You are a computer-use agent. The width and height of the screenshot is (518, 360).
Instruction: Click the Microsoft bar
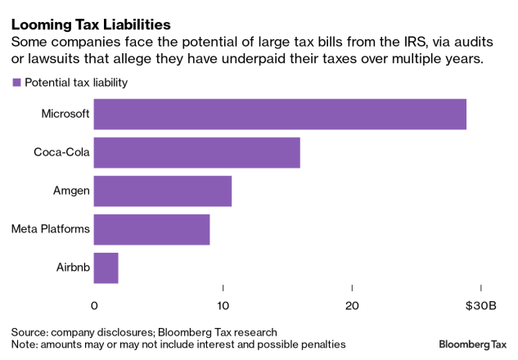coord(280,114)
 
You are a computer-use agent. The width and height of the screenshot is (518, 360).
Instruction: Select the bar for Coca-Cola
coord(196,152)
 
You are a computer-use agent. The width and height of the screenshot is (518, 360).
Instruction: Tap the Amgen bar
coord(162,191)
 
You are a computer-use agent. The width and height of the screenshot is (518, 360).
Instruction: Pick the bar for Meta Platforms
coord(151,229)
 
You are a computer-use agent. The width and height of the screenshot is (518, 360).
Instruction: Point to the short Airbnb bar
coord(106,268)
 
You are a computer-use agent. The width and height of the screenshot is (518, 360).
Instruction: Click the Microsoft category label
coord(65,114)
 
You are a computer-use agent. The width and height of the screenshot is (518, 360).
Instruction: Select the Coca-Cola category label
coord(61,152)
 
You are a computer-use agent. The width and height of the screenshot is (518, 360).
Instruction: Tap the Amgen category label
coord(70,191)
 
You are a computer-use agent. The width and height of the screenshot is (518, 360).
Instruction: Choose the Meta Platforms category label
coord(50,229)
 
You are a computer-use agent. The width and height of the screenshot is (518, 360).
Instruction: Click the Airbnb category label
coord(73,268)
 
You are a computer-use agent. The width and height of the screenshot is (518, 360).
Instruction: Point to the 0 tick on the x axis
coord(94,305)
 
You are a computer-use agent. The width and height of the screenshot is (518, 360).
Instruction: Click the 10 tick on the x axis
coord(223,305)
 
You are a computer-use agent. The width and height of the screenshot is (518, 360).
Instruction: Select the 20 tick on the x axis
coord(351,305)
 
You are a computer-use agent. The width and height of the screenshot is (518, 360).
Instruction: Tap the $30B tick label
coord(481,305)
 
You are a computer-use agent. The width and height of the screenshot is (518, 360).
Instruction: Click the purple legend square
coord(16,83)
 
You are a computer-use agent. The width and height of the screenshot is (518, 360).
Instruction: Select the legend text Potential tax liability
coord(76,83)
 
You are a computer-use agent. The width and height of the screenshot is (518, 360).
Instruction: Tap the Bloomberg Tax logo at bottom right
coord(474,344)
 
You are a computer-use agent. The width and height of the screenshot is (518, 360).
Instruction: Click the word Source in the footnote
coord(29,332)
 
